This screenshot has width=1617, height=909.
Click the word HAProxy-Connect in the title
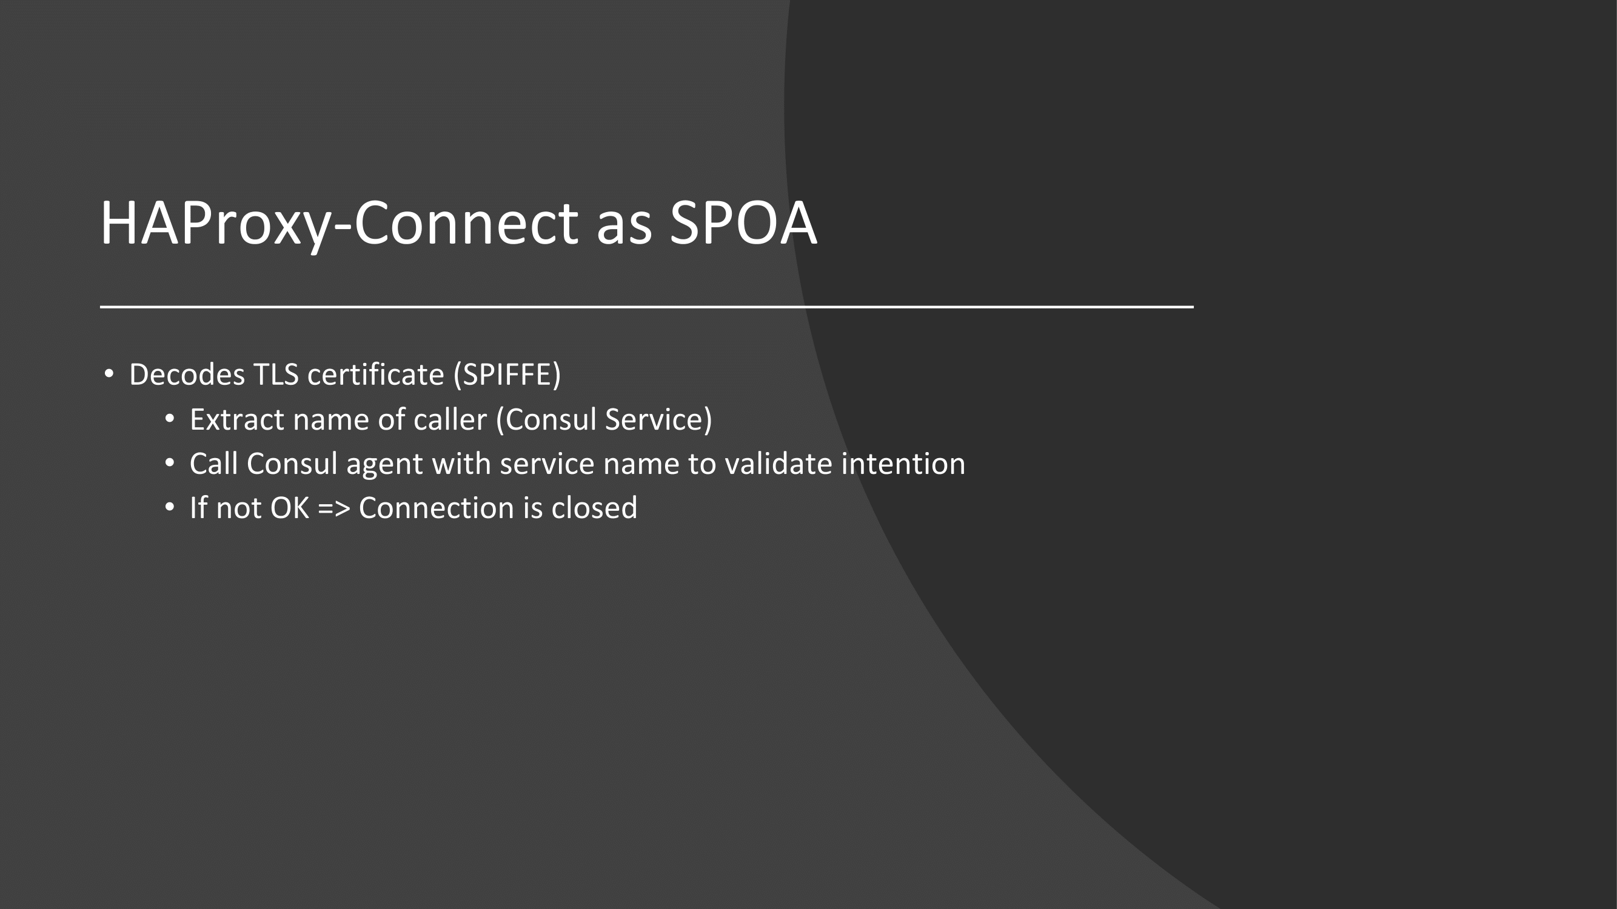(339, 224)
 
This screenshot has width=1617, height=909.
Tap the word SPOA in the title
(743, 224)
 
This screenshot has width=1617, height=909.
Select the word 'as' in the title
(624, 229)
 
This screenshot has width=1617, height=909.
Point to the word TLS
(276, 375)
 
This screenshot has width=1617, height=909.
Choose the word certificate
(375, 375)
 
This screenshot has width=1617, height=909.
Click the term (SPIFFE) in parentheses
(507, 375)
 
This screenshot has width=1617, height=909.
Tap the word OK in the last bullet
(289, 508)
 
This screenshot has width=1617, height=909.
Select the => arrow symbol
(334, 509)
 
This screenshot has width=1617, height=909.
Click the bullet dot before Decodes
(109, 375)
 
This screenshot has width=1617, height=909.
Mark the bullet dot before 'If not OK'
(170, 507)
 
